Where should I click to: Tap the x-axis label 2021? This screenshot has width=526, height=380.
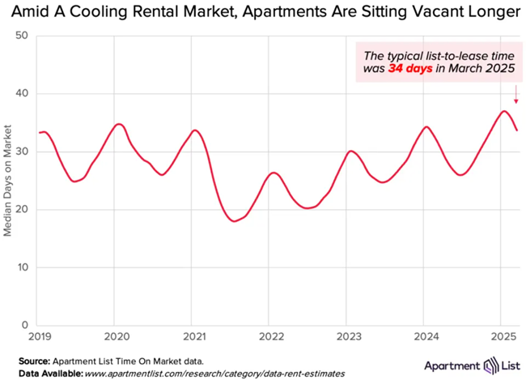tap(193, 335)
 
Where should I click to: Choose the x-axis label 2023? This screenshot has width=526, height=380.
tap(348, 335)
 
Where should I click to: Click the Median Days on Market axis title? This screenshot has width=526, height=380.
tap(7, 179)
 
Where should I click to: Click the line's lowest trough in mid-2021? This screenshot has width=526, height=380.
tap(235, 220)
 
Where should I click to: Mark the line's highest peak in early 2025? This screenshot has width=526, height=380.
tap(504, 111)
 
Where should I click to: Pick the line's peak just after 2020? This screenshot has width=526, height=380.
tap(119, 124)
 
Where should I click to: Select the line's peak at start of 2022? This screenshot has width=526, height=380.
tap(274, 173)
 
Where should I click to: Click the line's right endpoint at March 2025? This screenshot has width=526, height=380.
tap(517, 130)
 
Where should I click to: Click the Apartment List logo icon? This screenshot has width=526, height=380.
tap(479, 364)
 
